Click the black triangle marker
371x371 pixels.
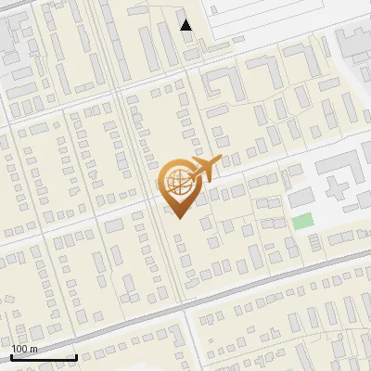point(186,25)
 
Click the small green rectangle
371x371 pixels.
point(302,222)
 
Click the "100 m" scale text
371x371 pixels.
point(25,349)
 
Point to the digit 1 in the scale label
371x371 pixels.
point(14,349)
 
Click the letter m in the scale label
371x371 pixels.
point(34,350)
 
